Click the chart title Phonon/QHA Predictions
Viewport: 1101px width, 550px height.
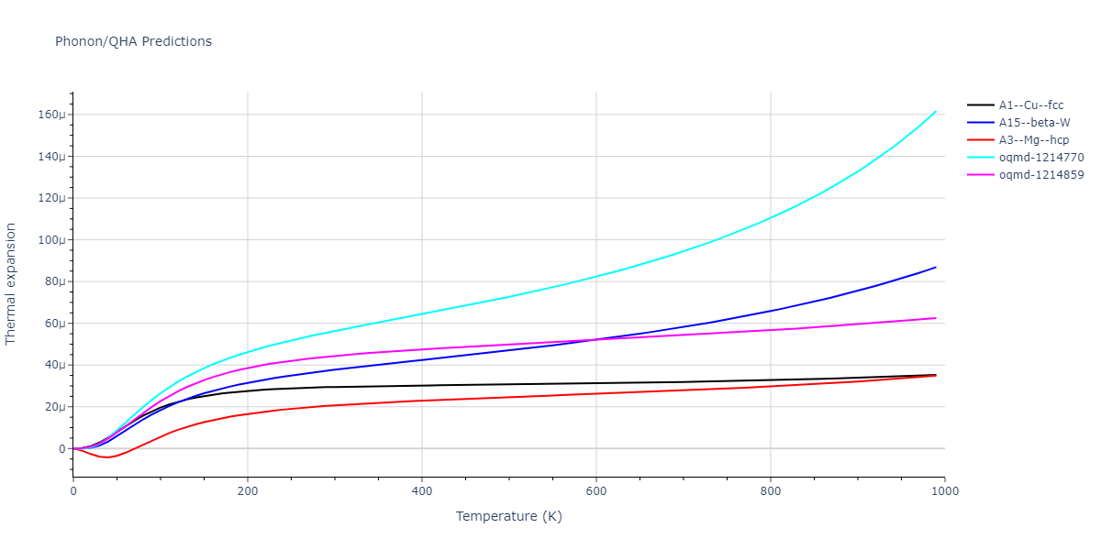(x=133, y=41)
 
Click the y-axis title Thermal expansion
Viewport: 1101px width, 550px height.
(x=11, y=283)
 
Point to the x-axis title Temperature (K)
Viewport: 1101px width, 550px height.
(x=508, y=517)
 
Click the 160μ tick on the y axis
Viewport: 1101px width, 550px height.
(x=50, y=115)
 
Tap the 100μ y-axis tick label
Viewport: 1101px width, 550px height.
(x=50, y=240)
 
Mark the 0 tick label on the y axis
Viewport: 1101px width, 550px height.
(x=62, y=449)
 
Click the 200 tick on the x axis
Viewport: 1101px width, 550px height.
(x=247, y=491)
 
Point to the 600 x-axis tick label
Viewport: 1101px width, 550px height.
(x=595, y=491)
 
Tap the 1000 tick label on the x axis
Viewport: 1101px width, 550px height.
(x=944, y=491)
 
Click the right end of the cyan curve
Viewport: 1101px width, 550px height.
(x=936, y=111)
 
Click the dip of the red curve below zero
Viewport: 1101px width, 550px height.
(x=107, y=456)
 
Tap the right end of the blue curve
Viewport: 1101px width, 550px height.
(x=936, y=267)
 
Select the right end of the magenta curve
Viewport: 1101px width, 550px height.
(x=936, y=318)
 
